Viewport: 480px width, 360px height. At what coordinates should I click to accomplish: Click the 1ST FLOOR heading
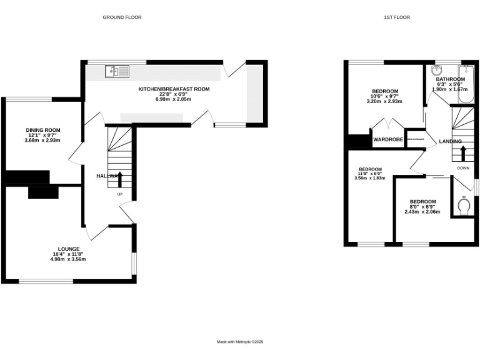coord(396,17)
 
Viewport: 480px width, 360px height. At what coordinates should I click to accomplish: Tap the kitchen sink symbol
coord(117,72)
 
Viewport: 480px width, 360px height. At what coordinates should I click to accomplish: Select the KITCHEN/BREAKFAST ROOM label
coord(174,89)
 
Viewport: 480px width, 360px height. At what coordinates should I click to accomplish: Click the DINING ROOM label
coord(42,130)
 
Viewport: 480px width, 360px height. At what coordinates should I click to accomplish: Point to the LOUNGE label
coord(69,249)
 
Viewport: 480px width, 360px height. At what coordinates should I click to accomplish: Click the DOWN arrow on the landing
coord(462,153)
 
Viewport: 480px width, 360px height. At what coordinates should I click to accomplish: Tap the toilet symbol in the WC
coord(464,207)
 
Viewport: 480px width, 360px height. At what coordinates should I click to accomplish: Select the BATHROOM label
coord(450,79)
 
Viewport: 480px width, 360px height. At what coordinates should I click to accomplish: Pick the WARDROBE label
coord(387,140)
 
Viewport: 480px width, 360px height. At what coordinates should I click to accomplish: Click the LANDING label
coord(450,141)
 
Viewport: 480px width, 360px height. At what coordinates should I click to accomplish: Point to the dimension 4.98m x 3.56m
coord(69,259)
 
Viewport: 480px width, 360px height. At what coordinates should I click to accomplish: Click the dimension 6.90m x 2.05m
coord(174,99)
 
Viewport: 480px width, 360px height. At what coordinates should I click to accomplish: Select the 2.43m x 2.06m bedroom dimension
coord(422,212)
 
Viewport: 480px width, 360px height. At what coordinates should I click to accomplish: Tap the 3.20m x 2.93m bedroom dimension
coord(384,101)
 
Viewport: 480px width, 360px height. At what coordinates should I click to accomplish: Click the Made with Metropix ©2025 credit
coord(240,342)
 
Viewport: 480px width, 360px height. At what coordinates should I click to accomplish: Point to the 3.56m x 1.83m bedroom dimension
coord(370,178)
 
